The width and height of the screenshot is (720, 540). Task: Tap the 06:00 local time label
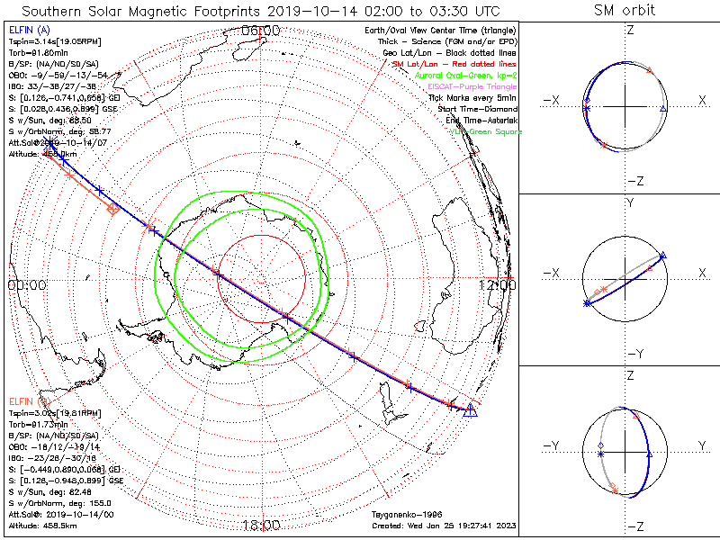[261, 31]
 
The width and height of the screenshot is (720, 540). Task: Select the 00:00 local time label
[26, 284]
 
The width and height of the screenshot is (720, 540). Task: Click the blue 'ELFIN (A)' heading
[28, 30]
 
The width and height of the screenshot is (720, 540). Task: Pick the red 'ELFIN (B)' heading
[28, 400]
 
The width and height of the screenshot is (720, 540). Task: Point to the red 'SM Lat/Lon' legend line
[454, 64]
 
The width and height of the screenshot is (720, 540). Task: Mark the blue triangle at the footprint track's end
[469, 410]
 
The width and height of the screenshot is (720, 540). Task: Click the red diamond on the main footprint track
[112, 209]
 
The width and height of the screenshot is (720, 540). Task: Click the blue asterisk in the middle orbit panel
[587, 305]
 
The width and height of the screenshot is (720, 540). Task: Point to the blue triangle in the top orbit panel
[663, 108]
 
